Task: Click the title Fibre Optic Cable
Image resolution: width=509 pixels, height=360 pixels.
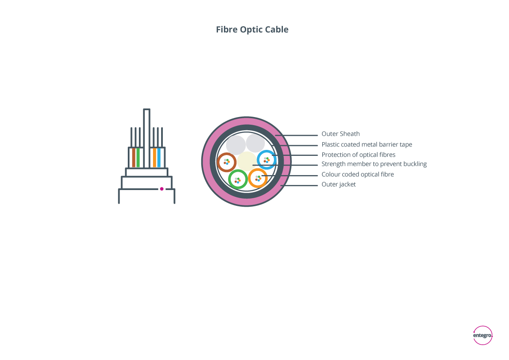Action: click(252, 29)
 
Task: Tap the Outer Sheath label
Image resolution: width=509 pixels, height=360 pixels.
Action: click(341, 134)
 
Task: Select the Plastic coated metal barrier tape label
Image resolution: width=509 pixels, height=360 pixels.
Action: click(367, 144)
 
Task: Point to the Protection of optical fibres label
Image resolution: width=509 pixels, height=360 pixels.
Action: click(359, 155)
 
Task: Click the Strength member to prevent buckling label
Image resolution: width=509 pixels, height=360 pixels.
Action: click(374, 164)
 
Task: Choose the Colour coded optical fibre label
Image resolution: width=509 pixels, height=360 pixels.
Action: click(358, 175)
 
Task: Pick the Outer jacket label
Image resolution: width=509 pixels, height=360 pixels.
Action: click(338, 184)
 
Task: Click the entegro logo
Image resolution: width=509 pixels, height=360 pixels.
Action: click(483, 335)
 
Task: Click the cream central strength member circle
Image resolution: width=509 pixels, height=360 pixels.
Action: click(247, 161)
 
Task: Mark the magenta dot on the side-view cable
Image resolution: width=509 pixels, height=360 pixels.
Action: click(162, 189)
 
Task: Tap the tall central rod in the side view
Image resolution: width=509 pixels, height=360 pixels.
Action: click(147, 138)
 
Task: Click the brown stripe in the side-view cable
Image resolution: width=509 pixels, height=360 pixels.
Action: click(134, 158)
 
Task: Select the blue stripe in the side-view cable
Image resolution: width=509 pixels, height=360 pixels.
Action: click(159, 158)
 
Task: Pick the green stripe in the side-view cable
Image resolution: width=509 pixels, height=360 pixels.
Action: click(138, 158)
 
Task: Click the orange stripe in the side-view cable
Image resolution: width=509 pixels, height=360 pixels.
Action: click(155, 158)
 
